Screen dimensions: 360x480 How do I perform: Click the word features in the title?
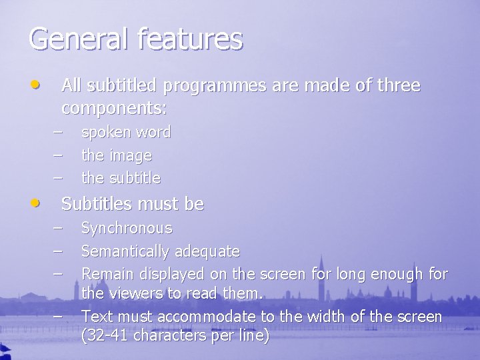(x=191, y=39)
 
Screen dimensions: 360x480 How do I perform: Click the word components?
(x=114, y=107)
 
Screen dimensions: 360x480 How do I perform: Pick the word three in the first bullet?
(x=398, y=86)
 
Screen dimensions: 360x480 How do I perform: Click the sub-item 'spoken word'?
(x=125, y=133)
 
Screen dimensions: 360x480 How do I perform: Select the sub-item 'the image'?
(x=116, y=155)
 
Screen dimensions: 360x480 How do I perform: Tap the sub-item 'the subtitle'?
(x=121, y=178)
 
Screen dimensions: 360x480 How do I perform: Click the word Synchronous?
(x=127, y=229)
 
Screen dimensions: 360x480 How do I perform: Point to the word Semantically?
(x=125, y=251)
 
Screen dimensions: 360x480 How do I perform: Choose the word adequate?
(x=207, y=251)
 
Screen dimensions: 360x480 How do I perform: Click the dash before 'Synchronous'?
(x=59, y=228)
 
